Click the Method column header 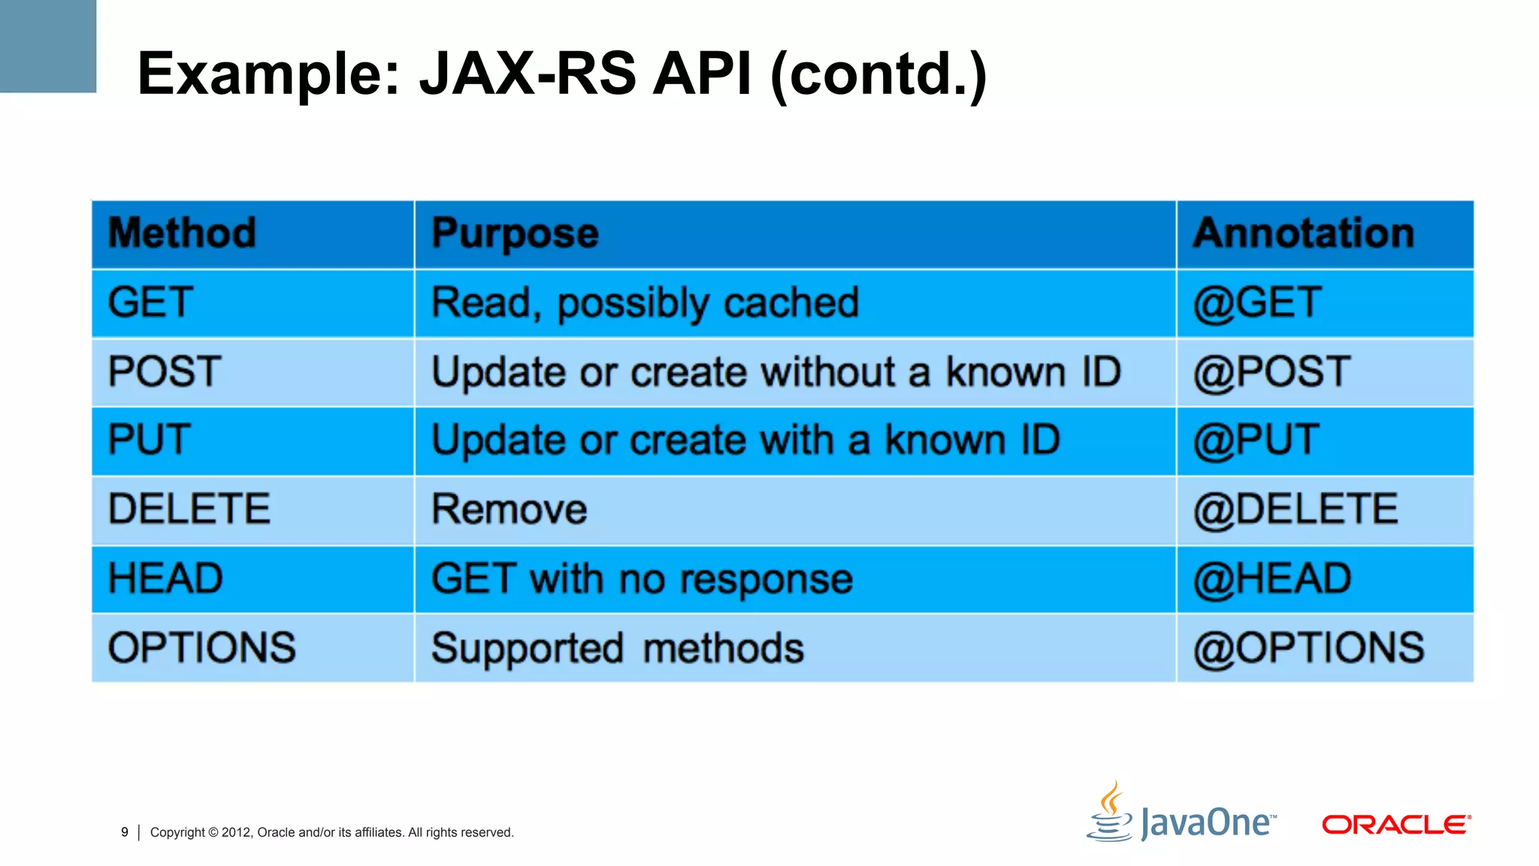(x=182, y=233)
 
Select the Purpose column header (x=515, y=233)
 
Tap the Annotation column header (x=1304, y=233)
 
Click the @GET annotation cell (x=1256, y=303)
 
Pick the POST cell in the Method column (x=165, y=371)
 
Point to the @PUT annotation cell (x=1256, y=440)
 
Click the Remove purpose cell (x=509, y=510)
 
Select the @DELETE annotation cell (x=1296, y=510)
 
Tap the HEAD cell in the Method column (x=165, y=579)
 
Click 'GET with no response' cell (x=642, y=580)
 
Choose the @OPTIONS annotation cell (x=1308, y=648)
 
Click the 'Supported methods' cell (x=617, y=648)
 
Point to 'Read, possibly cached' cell (x=645, y=303)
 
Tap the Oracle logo (x=1395, y=825)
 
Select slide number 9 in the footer (x=125, y=832)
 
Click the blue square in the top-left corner (x=47, y=46)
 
